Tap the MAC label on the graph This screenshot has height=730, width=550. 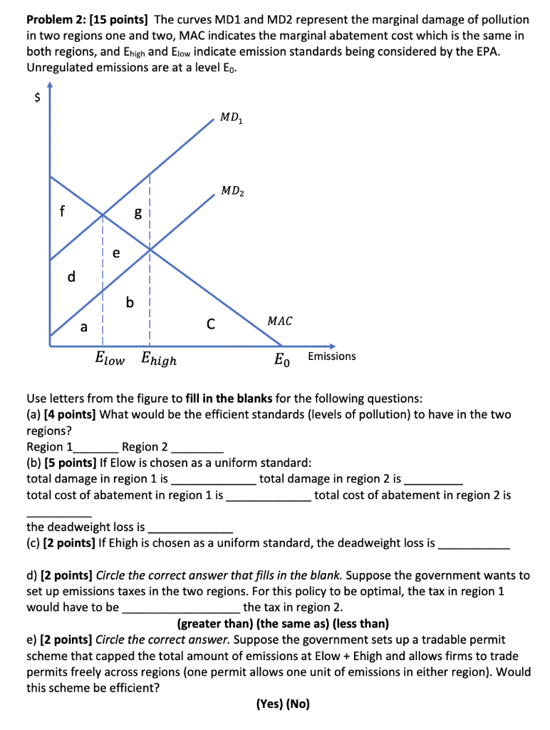279,322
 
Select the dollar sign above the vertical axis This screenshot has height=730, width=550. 32,100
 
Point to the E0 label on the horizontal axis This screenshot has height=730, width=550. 282,360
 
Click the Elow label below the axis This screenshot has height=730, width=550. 110,359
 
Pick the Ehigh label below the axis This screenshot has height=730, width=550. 159,360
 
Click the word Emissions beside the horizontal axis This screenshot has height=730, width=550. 331,356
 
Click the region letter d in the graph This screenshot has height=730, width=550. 71,276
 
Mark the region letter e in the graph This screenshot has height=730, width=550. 115,253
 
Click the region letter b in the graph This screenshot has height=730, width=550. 129,303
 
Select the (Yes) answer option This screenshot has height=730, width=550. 269,704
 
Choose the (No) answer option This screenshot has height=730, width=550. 298,704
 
